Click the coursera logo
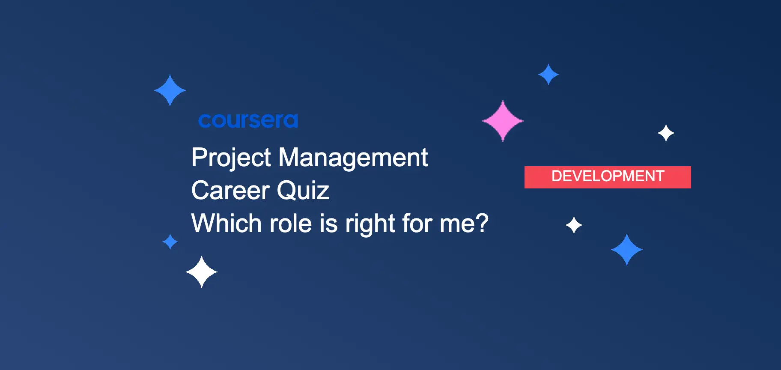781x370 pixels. (248, 120)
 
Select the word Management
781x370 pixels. (353, 158)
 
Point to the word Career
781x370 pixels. (230, 191)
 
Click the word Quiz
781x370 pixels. (303, 191)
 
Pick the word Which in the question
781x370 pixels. (227, 223)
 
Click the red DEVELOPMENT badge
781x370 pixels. (608, 177)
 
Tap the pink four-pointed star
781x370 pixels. (503, 121)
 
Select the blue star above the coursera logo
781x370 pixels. (170, 90)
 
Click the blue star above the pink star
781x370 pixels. (548, 75)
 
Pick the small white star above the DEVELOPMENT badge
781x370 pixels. (666, 133)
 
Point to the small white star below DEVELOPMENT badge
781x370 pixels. (574, 225)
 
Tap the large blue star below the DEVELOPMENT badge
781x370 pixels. (627, 250)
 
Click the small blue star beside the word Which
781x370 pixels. (170, 242)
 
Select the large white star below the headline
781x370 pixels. (202, 272)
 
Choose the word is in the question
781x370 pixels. (329, 223)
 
